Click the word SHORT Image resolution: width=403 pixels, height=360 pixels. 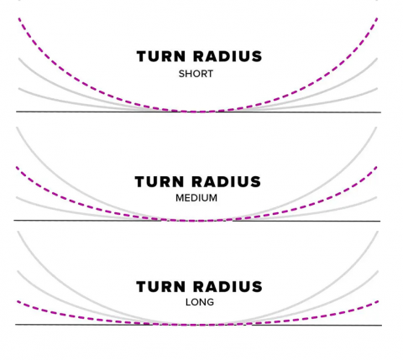coord(196,74)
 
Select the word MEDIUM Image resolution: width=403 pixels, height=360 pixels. coord(196,198)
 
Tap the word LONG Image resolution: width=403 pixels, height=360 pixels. coord(200,302)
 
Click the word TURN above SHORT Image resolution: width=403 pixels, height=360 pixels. coord(161,56)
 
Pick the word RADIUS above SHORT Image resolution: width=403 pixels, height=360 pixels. coord(228,56)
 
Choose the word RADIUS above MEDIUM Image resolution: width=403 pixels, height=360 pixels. coord(227,182)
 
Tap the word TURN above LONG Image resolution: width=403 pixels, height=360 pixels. coord(161,287)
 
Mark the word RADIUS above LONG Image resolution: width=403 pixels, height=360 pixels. coord(228,287)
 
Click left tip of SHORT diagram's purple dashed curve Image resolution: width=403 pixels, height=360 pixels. coord(19,18)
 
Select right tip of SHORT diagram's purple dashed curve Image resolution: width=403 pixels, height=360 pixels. coord(377,18)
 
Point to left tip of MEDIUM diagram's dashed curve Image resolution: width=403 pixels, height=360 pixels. coord(17,167)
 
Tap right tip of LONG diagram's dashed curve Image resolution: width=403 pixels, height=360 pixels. coord(379,301)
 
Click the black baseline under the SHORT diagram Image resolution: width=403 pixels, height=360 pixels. coord(198,112)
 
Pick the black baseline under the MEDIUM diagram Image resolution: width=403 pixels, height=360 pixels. coord(197,221)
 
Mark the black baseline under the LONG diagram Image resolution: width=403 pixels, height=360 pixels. coord(198,325)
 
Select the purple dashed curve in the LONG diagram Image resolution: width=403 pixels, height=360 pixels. coord(198,325)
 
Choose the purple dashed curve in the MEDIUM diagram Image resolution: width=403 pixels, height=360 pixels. coord(197,221)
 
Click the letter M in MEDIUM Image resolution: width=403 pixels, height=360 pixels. coord(180,198)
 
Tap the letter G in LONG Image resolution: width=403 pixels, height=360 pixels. coord(210,302)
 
